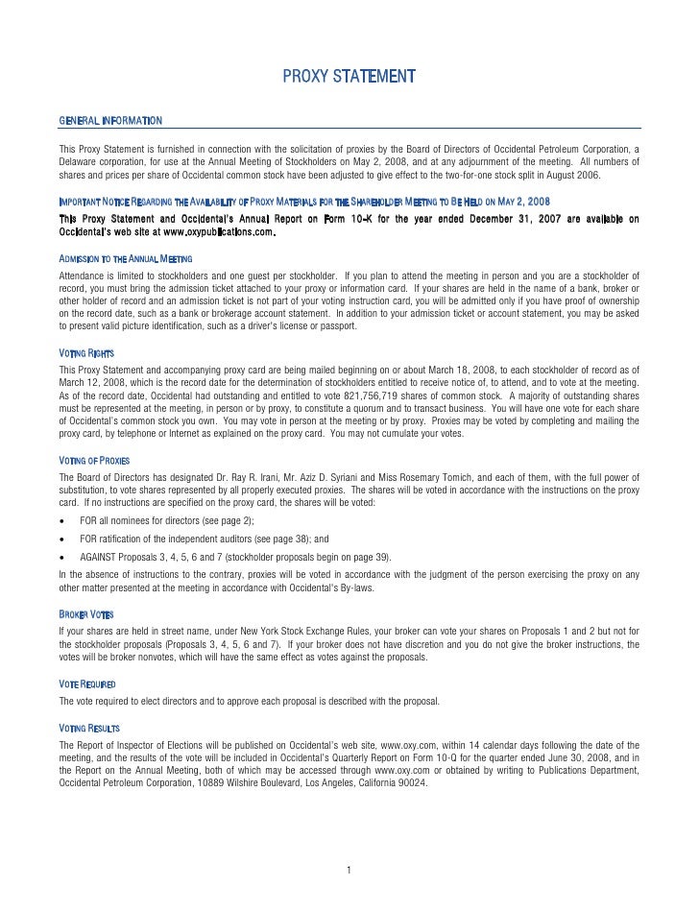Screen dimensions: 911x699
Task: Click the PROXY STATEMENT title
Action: pyautogui.click(x=349, y=76)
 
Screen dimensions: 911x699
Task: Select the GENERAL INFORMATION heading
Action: pyautogui.click(x=110, y=120)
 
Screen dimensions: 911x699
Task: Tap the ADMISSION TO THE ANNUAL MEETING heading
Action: pyautogui.click(x=126, y=260)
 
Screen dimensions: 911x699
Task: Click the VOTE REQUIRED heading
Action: pyautogui.click(x=87, y=683)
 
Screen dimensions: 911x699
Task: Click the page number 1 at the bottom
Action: pyautogui.click(x=349, y=871)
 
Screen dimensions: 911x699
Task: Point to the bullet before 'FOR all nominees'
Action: pyautogui.click(x=63, y=521)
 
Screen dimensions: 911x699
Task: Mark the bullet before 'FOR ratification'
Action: pyautogui.click(x=63, y=540)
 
